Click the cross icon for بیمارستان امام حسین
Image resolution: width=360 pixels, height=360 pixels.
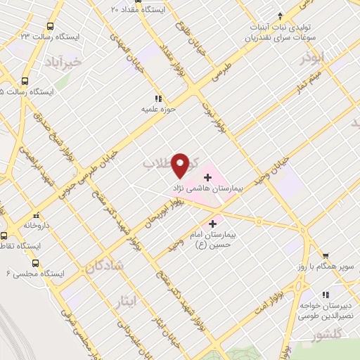click(x=213, y=223)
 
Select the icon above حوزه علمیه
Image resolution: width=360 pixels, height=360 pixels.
click(x=158, y=98)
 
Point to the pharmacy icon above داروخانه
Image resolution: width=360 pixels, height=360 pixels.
click(x=35, y=217)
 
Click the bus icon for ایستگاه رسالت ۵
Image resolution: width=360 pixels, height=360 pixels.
click(x=25, y=81)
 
